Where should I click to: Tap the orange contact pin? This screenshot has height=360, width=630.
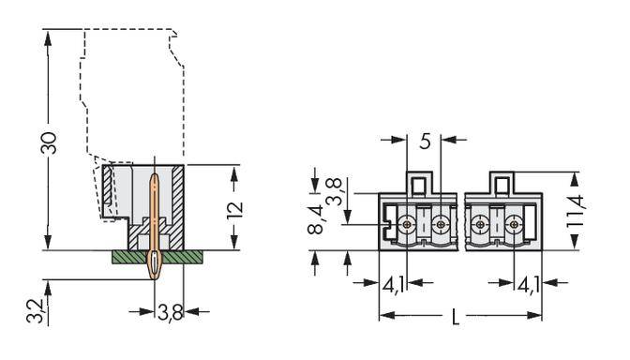153,225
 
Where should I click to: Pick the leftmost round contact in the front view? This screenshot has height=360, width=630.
407,226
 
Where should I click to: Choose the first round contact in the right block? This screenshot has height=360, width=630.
480,226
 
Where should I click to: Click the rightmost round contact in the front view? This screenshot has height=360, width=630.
513,226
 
